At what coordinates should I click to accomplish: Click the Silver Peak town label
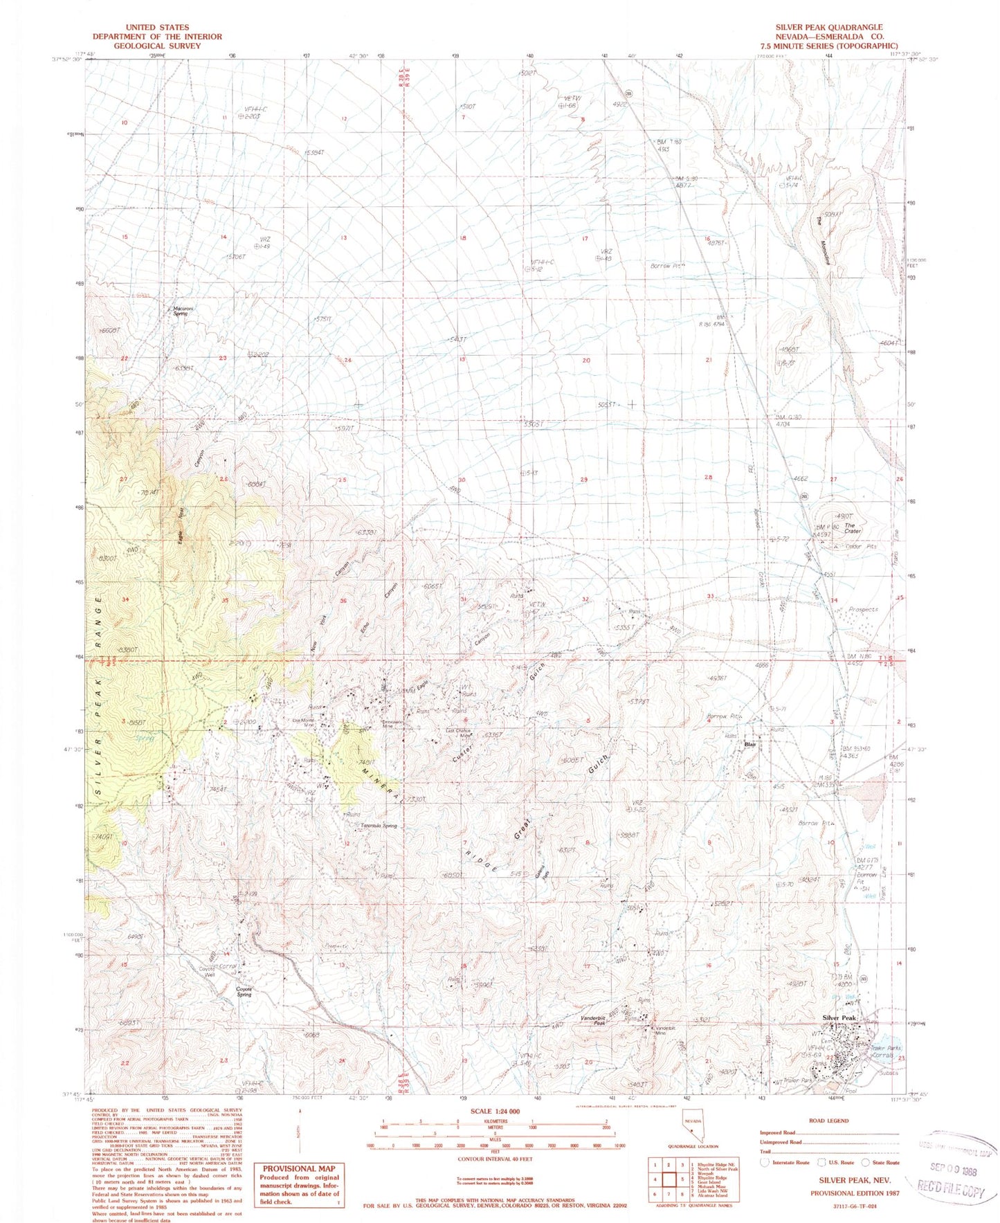tap(839, 1017)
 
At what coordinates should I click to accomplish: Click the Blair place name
tap(749, 745)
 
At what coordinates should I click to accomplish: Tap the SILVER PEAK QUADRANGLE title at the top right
tap(828, 28)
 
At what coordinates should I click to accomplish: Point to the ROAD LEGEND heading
tap(828, 1121)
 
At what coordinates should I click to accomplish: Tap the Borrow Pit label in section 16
tap(666, 266)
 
